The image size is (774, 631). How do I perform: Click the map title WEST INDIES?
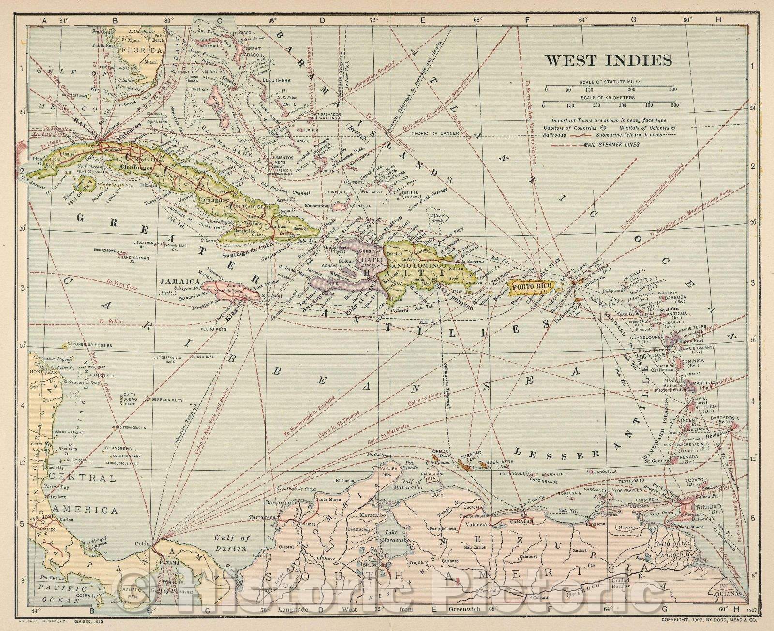coord(609,60)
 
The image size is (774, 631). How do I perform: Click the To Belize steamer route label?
coord(108,321)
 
